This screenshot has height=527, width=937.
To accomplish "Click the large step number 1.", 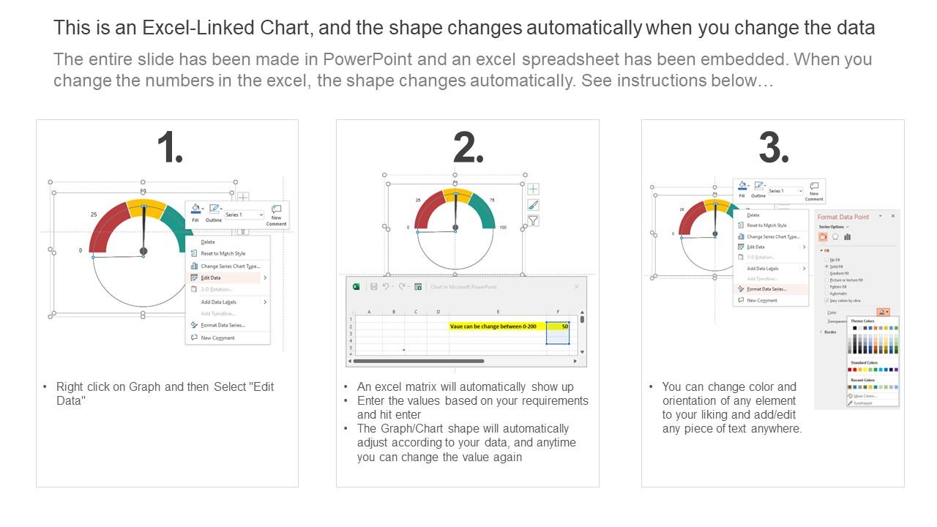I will (169, 149).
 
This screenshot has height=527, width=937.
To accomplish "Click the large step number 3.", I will (773, 149).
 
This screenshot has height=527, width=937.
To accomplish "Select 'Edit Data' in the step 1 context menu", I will (211, 278).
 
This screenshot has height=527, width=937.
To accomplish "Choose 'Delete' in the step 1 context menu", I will (208, 242).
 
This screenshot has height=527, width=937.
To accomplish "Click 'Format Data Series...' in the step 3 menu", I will (766, 289).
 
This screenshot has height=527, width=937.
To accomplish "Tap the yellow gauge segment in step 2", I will (458, 195).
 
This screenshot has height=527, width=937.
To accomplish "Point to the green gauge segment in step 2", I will (482, 209).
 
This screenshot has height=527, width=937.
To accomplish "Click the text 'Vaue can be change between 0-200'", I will (496, 326).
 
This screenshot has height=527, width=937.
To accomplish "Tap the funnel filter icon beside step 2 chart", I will (534, 220).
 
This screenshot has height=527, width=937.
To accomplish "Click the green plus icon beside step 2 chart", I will (534, 190).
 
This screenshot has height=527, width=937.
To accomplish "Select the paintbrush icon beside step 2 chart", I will (534, 205).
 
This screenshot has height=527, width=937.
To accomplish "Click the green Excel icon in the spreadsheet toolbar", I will (356, 287).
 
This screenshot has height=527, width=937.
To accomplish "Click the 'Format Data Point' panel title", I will (843, 217).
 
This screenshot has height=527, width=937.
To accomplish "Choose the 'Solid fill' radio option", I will (835, 266).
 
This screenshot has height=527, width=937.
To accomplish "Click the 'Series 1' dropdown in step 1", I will (244, 214).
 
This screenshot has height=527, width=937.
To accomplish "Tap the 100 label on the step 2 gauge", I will (502, 228).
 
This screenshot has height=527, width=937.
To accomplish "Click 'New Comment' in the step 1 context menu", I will (218, 338).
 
